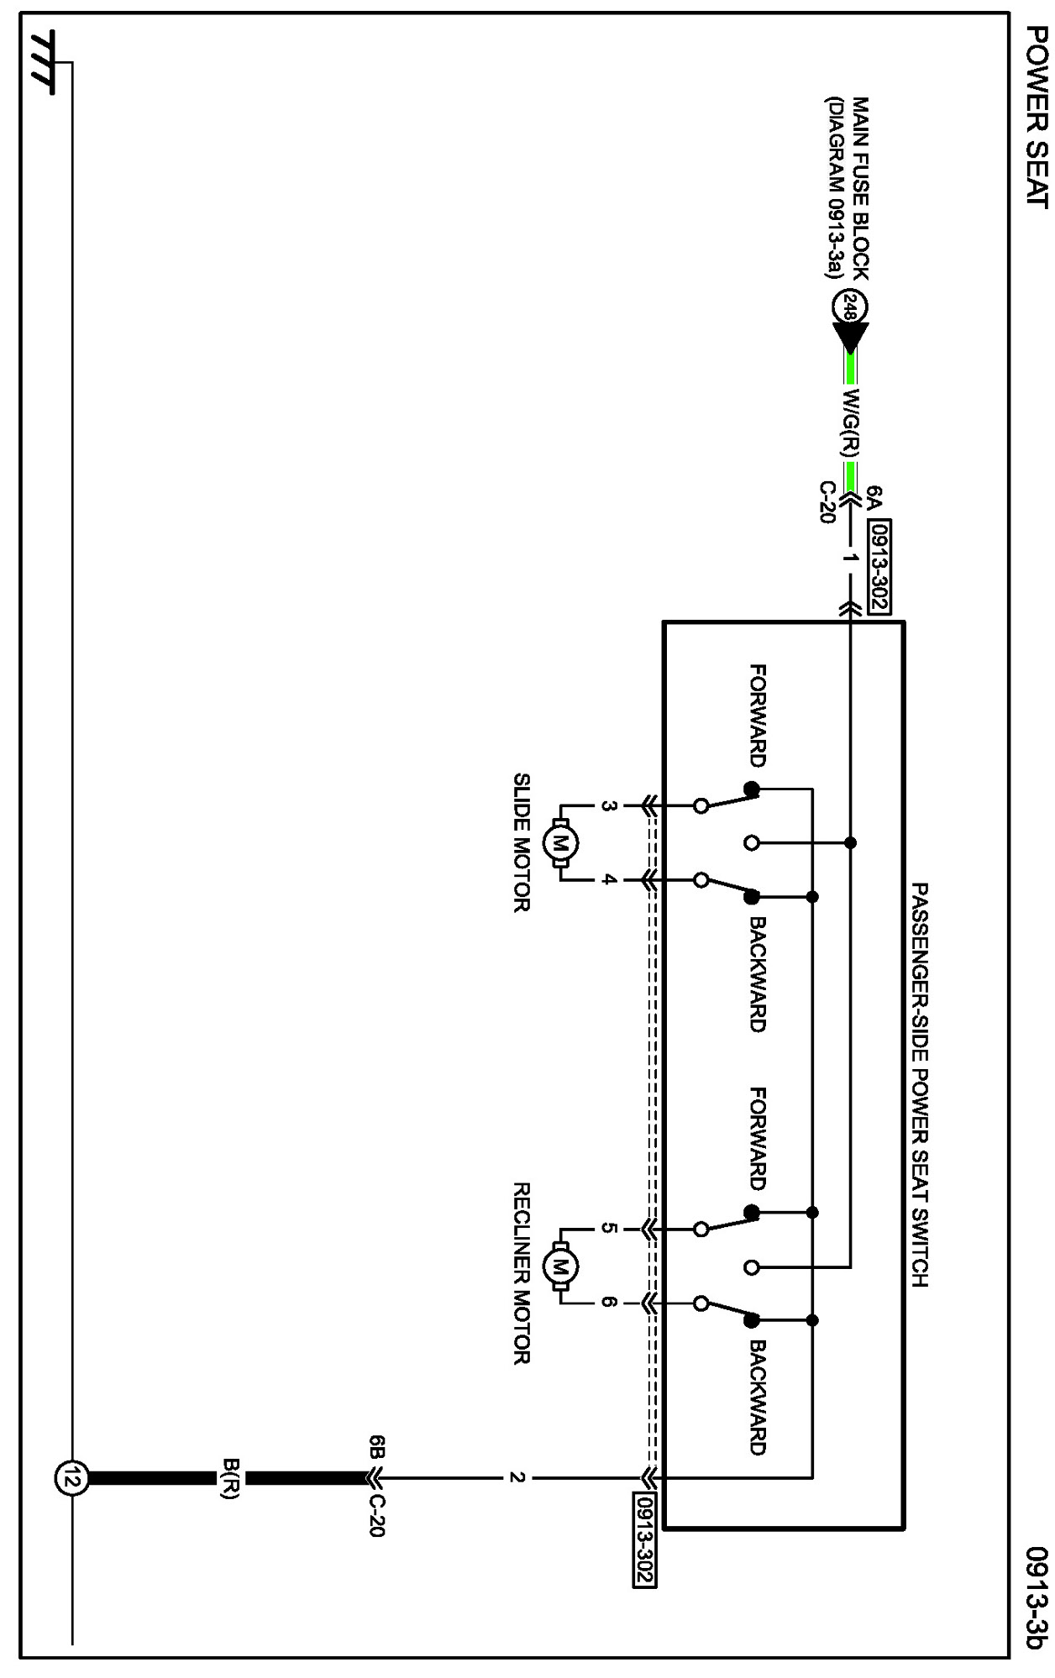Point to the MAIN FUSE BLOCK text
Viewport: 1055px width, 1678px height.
[860, 188]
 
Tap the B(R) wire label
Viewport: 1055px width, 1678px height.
[231, 1479]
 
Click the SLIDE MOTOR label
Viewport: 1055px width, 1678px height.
[522, 842]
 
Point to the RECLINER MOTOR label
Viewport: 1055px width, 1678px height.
[522, 1273]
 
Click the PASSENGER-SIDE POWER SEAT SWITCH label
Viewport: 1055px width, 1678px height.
[920, 1084]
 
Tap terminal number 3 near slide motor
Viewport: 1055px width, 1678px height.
[609, 806]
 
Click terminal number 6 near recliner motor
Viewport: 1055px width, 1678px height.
[609, 1303]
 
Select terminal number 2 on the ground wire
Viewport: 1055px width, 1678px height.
[517, 1477]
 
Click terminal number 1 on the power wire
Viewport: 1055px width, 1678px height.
[851, 558]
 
